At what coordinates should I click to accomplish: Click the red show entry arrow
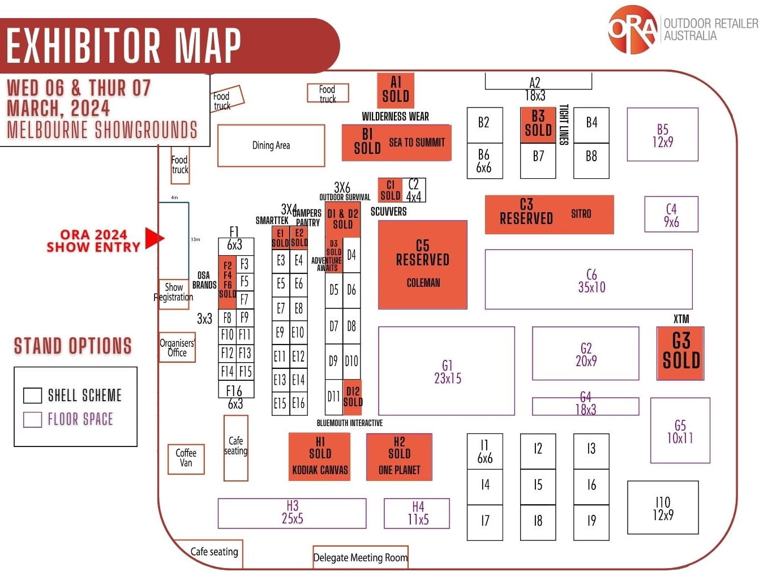click(153, 238)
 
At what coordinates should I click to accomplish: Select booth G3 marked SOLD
click(680, 353)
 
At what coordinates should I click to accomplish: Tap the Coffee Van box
click(186, 458)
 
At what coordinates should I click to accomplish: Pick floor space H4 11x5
click(417, 513)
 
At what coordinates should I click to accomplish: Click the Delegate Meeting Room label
click(361, 557)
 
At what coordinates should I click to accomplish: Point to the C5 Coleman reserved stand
click(423, 264)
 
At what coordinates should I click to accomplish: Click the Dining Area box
click(271, 145)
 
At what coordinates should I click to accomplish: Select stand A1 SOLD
click(396, 90)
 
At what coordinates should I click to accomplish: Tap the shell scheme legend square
click(32, 396)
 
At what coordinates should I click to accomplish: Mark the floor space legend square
click(32, 419)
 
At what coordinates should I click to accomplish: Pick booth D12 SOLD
click(353, 396)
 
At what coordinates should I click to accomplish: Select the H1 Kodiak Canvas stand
click(320, 457)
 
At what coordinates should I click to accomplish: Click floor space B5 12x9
click(662, 136)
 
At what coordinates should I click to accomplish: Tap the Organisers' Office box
click(177, 347)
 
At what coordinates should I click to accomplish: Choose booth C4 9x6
click(671, 215)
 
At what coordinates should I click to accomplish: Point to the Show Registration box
click(174, 292)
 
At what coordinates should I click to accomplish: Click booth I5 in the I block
click(538, 485)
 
